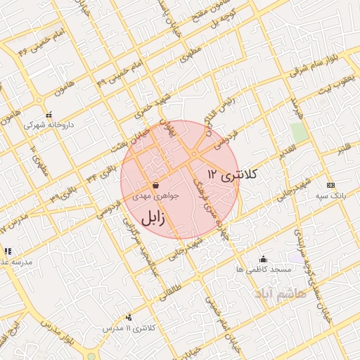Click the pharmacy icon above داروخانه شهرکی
(49, 115)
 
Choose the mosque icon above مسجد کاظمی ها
(263, 259)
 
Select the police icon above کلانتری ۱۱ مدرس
(127, 318)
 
